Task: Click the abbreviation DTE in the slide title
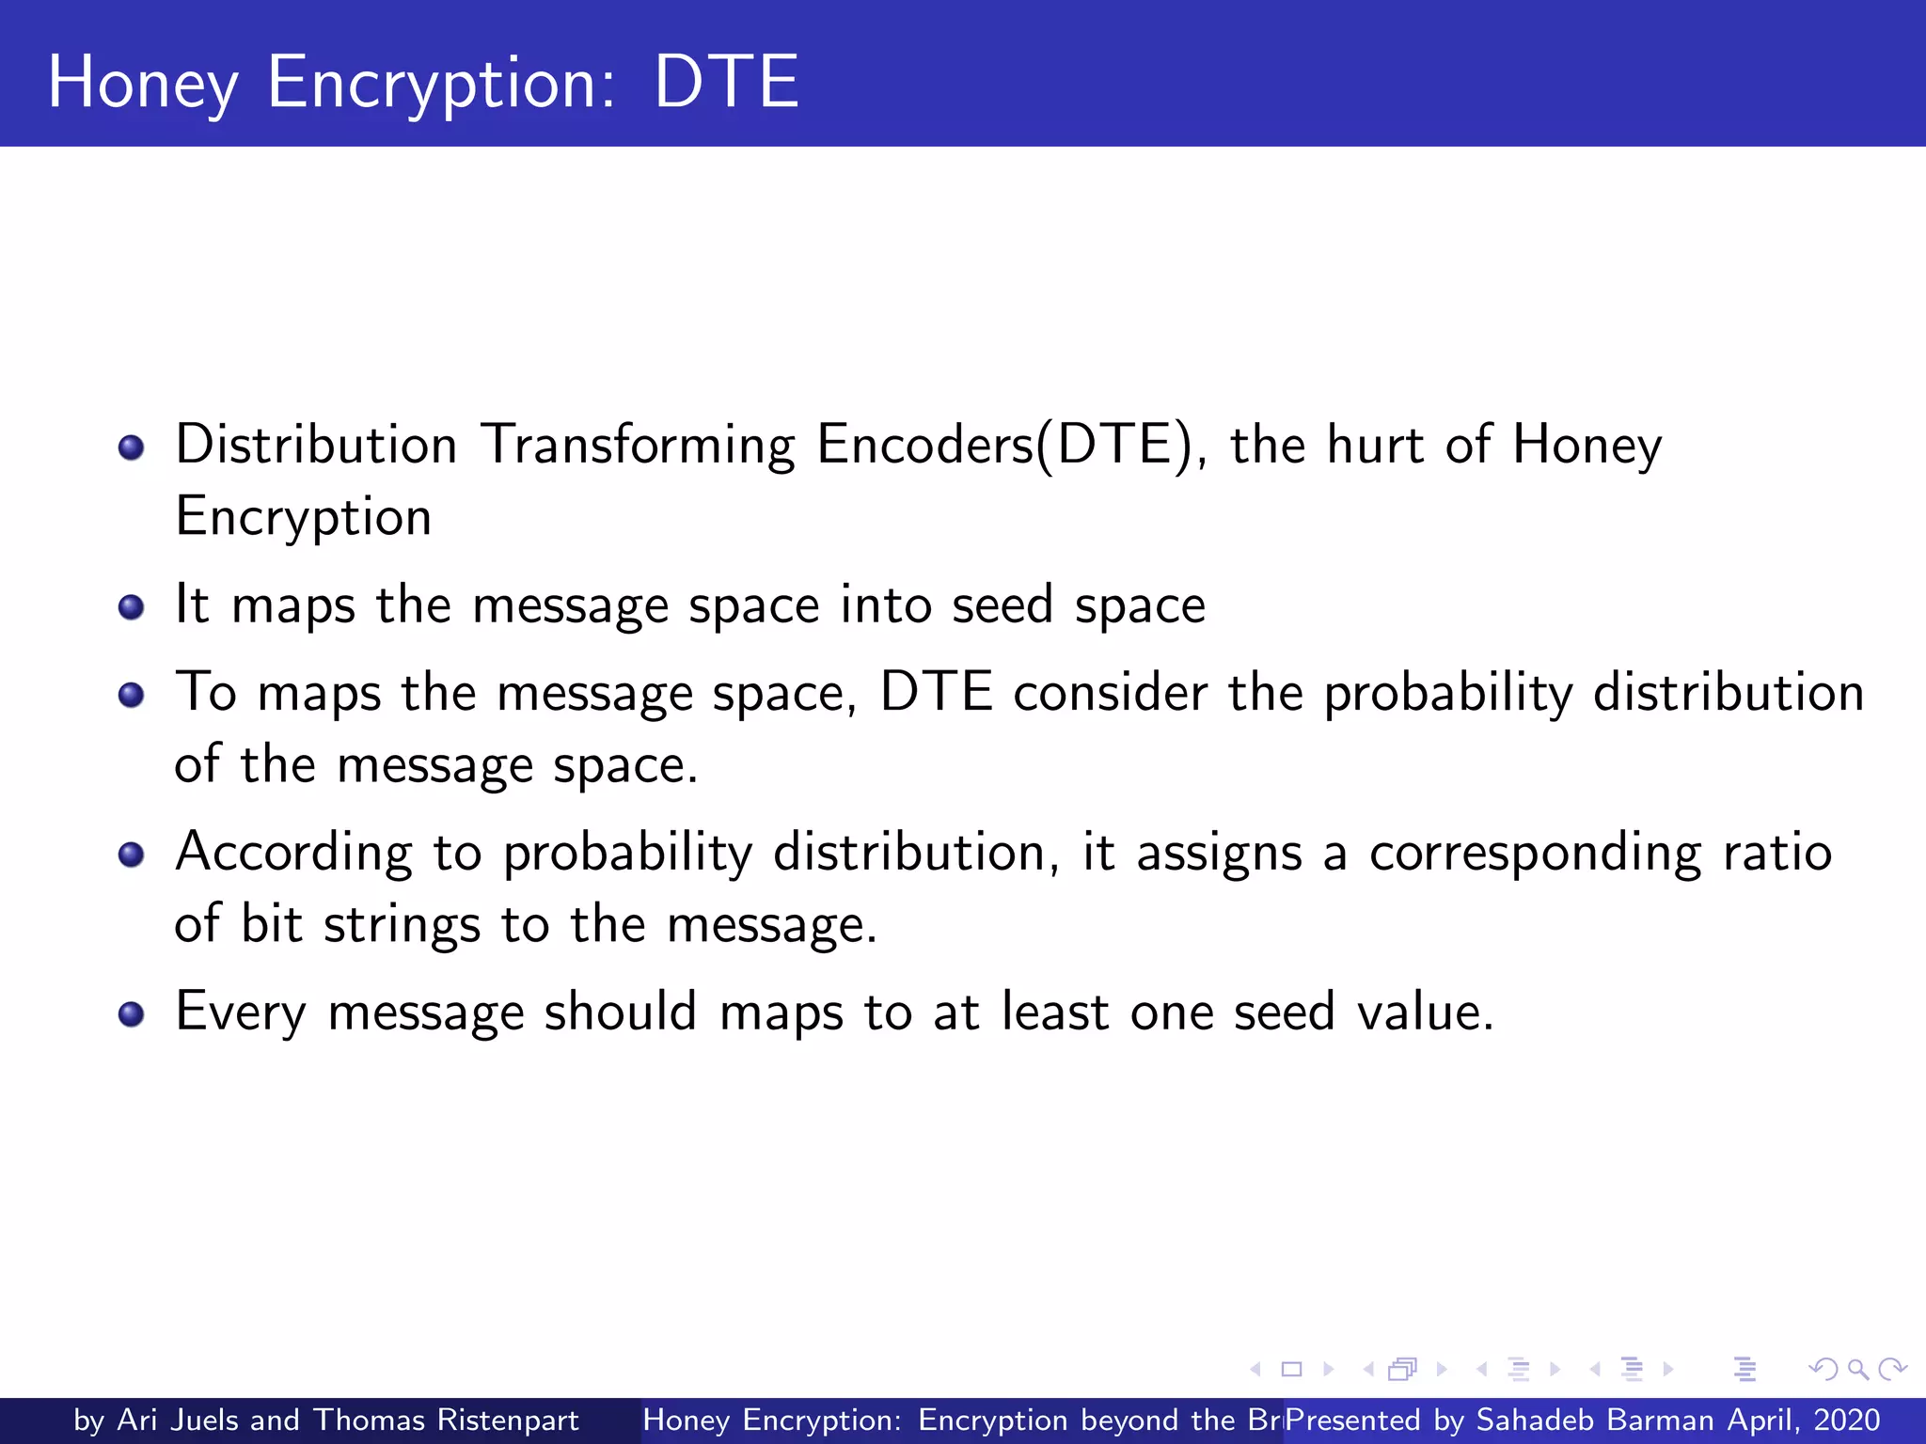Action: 726,83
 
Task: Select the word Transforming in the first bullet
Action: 638,446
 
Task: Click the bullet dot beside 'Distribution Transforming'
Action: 132,447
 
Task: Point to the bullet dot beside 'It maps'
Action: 132,607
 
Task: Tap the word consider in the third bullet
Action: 1110,693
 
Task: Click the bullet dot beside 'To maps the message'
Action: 132,696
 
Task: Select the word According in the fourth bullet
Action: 293,854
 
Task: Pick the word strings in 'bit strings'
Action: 403,925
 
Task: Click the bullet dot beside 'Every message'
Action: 132,1014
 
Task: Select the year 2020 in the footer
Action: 1846,1420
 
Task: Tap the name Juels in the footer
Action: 204,1420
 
